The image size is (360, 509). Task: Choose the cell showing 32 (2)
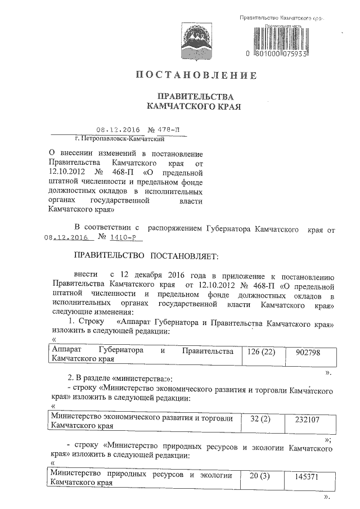click(260, 420)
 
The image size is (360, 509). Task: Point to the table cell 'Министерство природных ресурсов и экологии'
click(142, 479)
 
